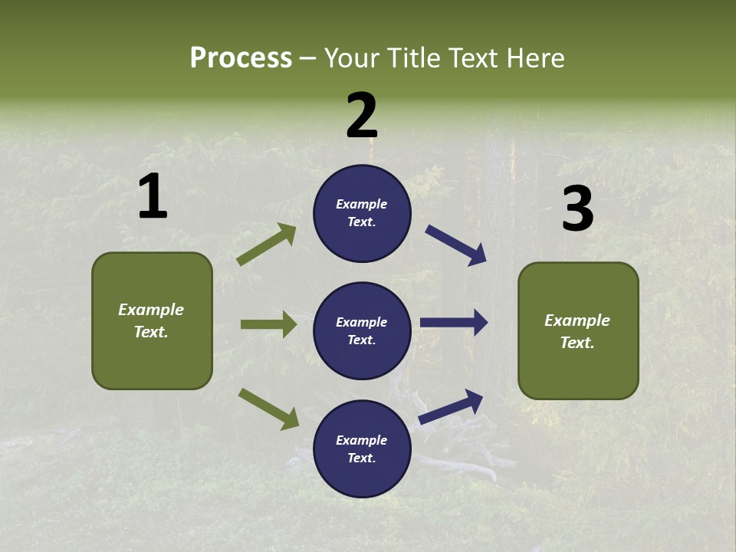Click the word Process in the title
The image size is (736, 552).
tap(241, 58)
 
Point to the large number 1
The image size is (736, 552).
tap(153, 198)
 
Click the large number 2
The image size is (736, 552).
tap(362, 116)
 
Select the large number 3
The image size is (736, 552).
tap(577, 210)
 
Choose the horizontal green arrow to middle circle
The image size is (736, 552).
tap(268, 324)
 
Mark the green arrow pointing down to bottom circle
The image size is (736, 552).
tap(268, 409)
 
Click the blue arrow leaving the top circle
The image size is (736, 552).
tap(456, 245)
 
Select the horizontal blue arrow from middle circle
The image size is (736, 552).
tap(454, 323)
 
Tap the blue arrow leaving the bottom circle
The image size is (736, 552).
tap(452, 407)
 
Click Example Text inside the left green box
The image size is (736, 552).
tap(151, 320)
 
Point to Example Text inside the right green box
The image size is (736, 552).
tap(577, 331)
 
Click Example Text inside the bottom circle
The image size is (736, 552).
tap(362, 449)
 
